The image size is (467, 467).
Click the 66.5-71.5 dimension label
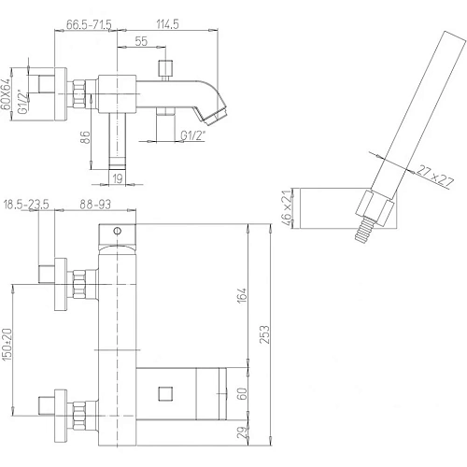89,24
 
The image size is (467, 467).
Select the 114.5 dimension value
167,24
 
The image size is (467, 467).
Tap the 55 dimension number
141,41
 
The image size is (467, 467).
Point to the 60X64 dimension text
6,94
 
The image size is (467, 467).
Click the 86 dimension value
85,137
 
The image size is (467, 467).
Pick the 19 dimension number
118,178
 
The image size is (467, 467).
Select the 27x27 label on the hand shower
435,177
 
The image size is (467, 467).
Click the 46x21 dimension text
288,207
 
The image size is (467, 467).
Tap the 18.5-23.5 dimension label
26,205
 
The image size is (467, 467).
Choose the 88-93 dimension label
95,205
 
